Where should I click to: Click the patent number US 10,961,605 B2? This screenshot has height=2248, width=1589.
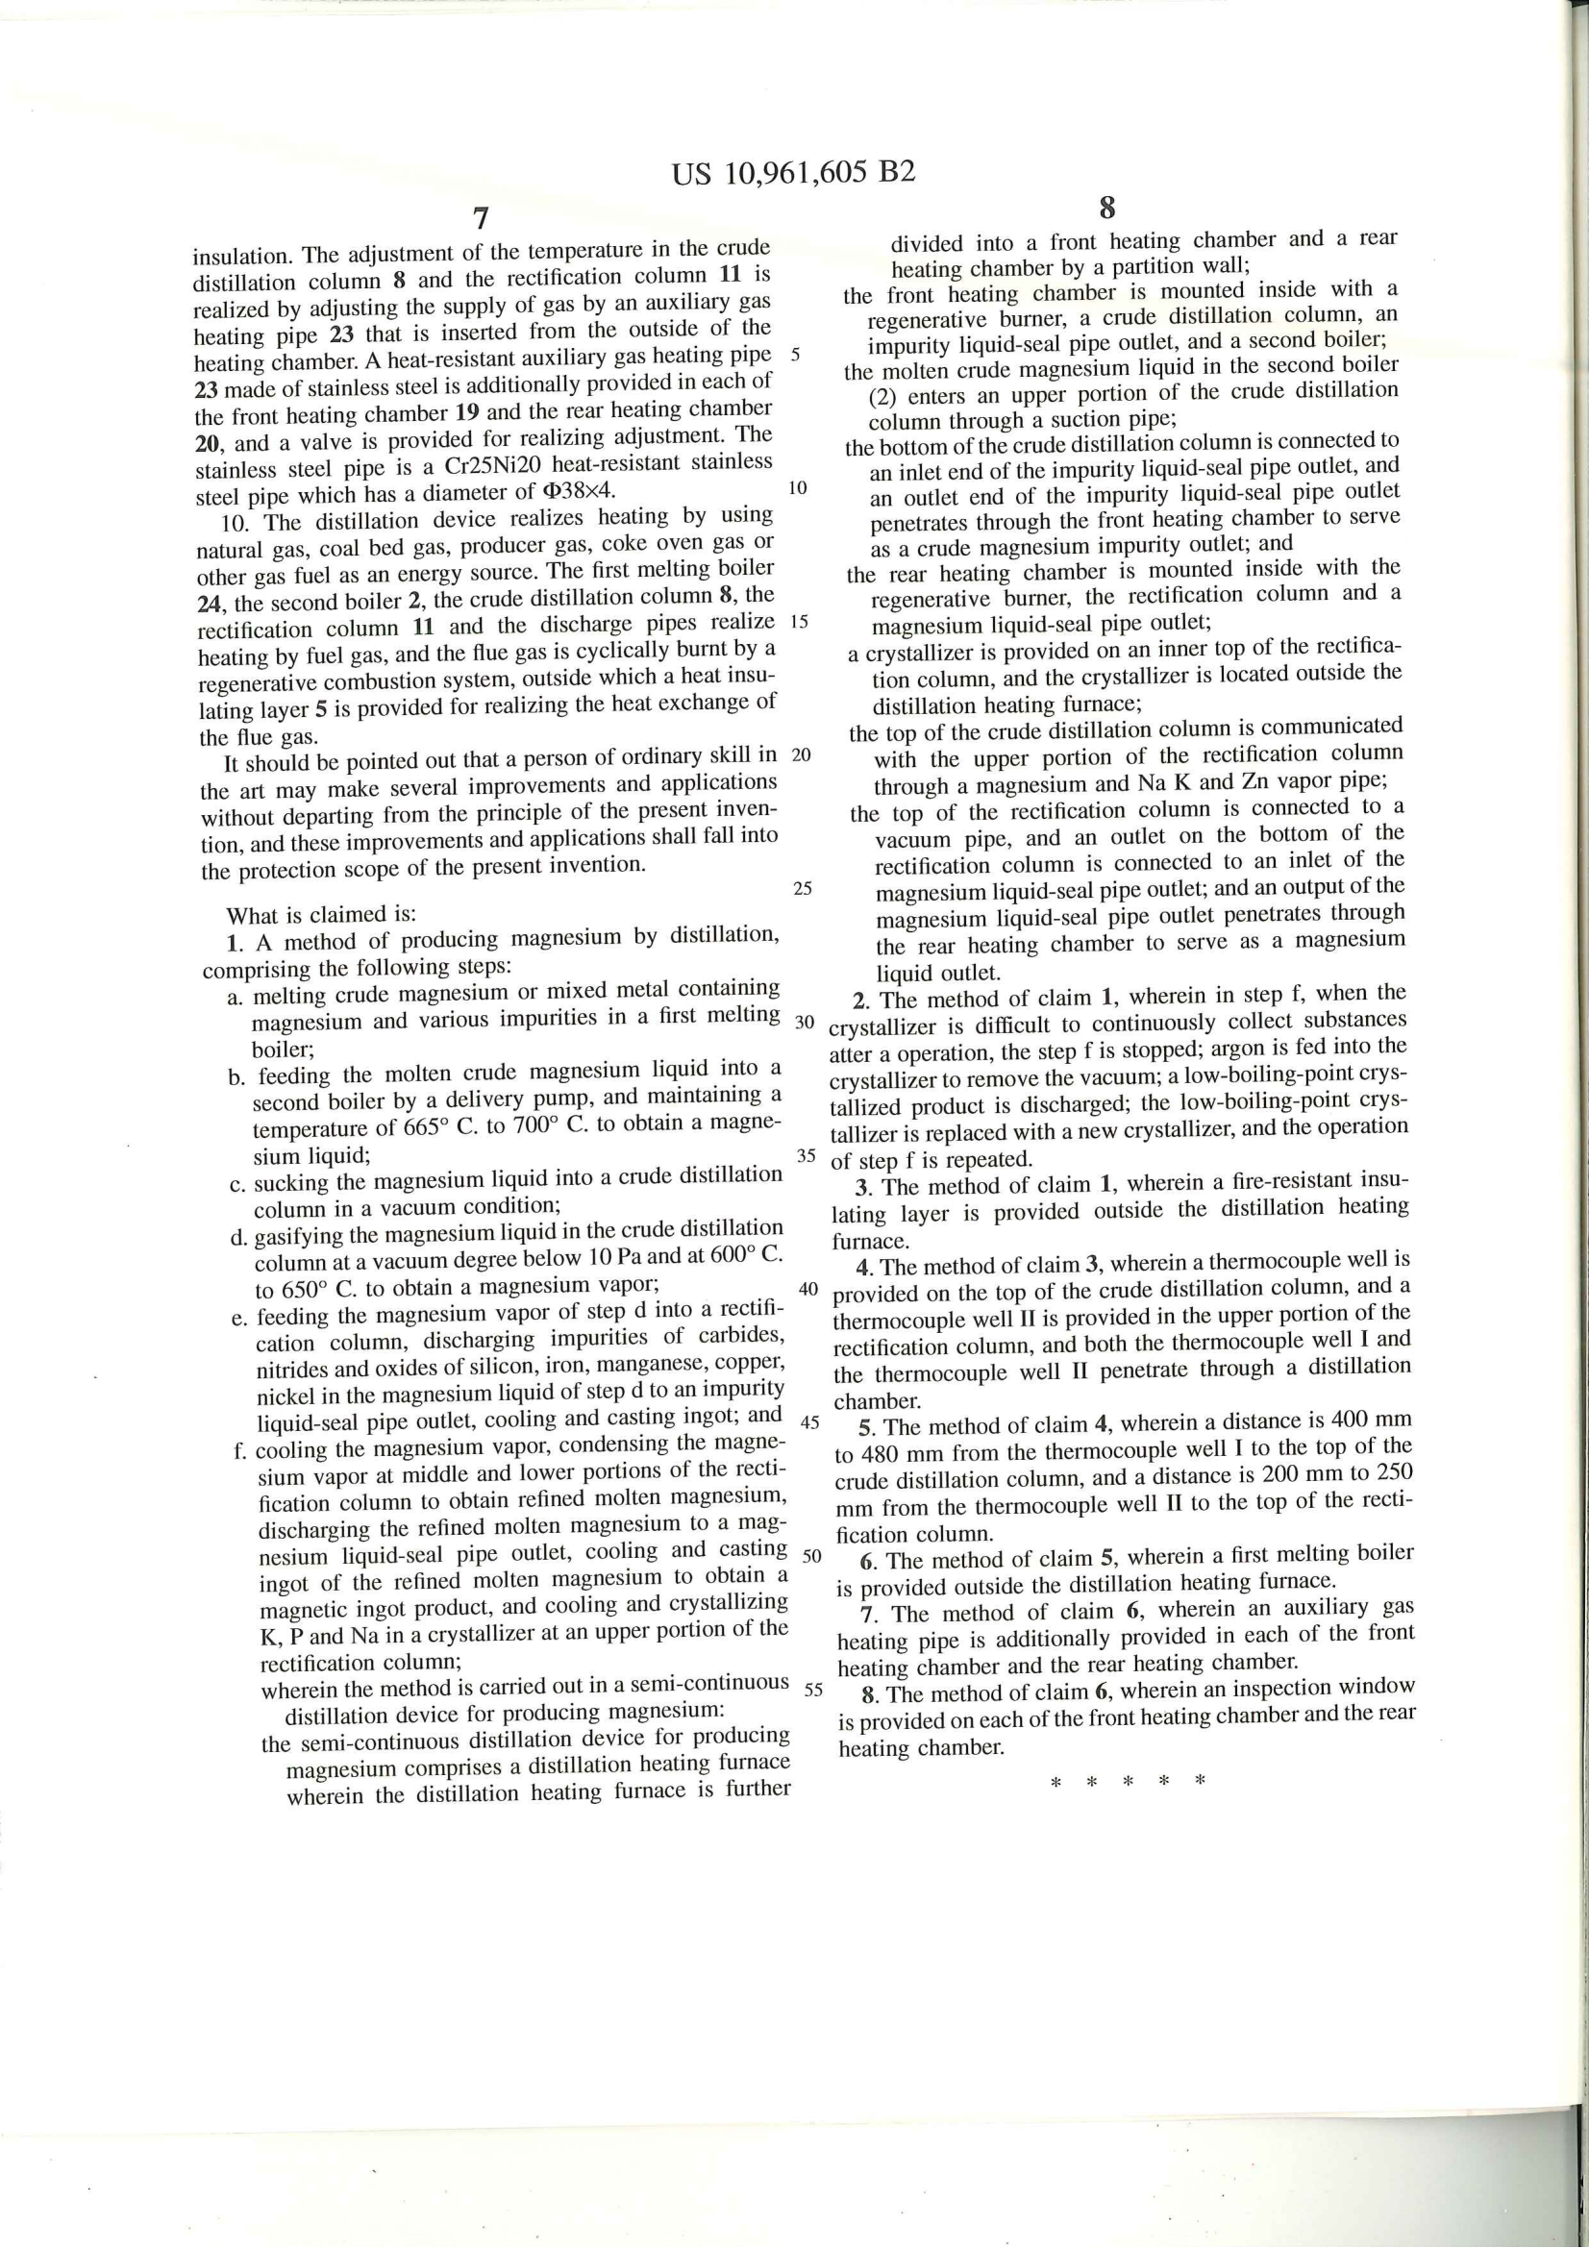tap(793, 173)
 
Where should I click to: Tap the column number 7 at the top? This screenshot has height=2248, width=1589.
tap(479, 217)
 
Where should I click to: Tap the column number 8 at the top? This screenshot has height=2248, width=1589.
tap(1107, 208)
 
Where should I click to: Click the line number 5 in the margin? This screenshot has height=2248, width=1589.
tap(795, 354)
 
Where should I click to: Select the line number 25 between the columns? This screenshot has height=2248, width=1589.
tap(802, 889)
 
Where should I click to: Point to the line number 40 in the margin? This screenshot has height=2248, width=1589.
tap(807, 1288)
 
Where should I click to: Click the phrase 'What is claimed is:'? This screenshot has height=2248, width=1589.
tap(321, 916)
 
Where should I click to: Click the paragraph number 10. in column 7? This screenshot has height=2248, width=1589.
tap(237, 521)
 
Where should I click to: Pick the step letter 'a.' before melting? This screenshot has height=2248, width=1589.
tap(236, 997)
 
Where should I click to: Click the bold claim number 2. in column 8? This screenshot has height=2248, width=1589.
tap(860, 1000)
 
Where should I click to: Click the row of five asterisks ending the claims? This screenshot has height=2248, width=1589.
tap(1126, 1780)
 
